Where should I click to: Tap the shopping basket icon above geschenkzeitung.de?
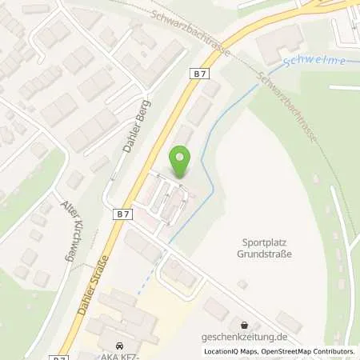click(x=244, y=326)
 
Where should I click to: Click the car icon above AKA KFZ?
click(x=119, y=345)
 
